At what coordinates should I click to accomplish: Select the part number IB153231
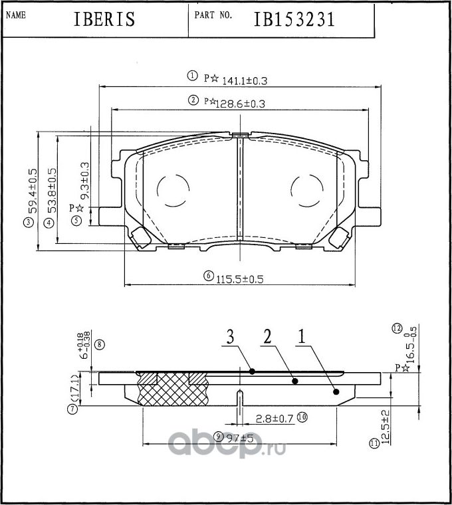293,19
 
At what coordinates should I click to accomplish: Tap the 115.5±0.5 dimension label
240,280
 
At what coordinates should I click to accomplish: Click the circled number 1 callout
192,76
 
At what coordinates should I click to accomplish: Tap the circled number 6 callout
208,276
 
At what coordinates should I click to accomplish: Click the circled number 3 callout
28,223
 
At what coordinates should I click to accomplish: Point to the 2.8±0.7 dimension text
275,418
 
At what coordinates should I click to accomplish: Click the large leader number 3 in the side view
230,338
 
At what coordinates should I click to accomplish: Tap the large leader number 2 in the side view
266,338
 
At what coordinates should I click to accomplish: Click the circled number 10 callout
302,418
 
